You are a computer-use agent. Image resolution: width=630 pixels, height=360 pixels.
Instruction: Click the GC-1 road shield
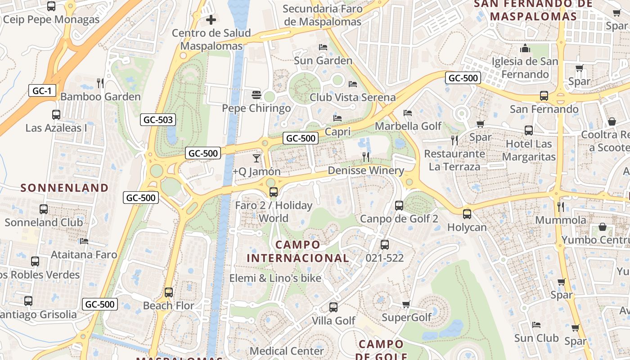click(42, 90)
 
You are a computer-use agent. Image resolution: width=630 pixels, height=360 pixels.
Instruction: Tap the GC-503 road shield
click(158, 120)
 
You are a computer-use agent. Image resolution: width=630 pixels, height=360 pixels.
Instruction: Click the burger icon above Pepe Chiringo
click(256, 95)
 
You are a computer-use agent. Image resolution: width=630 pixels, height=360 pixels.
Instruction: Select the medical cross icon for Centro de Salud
click(211, 20)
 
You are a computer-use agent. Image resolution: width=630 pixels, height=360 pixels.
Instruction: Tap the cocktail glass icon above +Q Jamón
click(256, 158)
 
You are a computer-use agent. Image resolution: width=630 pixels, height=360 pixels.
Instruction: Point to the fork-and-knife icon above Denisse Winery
click(366, 157)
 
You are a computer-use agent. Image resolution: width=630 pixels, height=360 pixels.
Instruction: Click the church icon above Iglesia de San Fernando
click(525, 48)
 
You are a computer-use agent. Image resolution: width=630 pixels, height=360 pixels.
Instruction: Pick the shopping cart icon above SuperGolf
click(406, 304)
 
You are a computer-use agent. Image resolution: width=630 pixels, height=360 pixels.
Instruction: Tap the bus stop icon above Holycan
click(467, 214)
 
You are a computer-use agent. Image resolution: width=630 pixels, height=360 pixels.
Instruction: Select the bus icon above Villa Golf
click(333, 307)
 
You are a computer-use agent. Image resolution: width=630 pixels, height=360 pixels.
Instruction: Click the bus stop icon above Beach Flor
click(169, 292)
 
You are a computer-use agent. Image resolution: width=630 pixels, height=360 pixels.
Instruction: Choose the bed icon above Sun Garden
click(323, 47)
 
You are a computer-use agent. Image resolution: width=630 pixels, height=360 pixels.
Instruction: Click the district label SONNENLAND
click(65, 188)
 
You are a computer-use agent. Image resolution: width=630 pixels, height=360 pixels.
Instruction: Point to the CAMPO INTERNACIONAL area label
click(298, 252)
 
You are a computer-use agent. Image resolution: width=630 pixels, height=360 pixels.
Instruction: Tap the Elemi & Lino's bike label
click(275, 278)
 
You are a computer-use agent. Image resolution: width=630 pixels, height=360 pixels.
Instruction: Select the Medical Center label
click(287, 351)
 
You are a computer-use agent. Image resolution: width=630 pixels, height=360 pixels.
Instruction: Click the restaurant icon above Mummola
click(561, 207)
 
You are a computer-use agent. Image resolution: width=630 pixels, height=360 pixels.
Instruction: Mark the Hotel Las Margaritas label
click(529, 150)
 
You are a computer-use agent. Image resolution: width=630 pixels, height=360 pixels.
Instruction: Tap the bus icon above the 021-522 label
click(385, 245)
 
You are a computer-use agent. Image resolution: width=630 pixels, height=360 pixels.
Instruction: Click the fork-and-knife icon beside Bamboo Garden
click(100, 83)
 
